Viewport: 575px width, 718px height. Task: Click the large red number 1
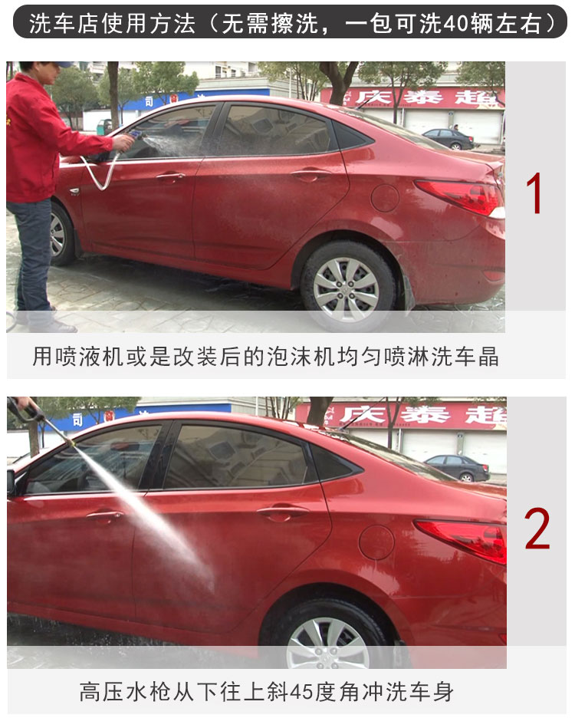click(x=534, y=193)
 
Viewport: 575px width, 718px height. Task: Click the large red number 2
click(x=537, y=529)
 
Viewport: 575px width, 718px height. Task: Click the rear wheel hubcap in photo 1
click(x=346, y=289)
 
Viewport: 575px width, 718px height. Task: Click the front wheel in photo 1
click(x=61, y=233)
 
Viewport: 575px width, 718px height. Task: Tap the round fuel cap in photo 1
click(x=385, y=198)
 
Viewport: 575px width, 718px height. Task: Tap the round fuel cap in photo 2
click(x=376, y=542)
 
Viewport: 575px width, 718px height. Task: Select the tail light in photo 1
click(x=460, y=197)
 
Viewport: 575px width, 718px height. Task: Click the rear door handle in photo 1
click(x=310, y=174)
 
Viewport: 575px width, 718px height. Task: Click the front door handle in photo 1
click(x=170, y=176)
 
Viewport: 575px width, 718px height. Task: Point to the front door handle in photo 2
click(x=104, y=515)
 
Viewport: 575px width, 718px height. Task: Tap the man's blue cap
click(x=62, y=64)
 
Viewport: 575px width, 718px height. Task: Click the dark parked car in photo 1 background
click(x=449, y=139)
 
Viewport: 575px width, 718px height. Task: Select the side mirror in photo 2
click(x=11, y=482)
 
